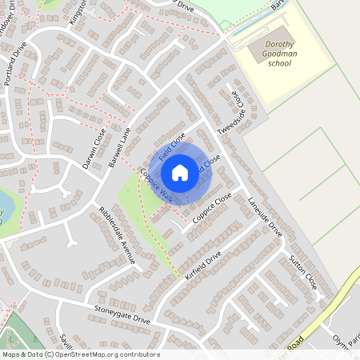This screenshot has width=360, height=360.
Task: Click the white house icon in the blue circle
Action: click(x=180, y=172)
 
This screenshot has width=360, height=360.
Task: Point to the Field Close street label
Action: click(x=172, y=145)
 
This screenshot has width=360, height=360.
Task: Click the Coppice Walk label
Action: click(x=155, y=185)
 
